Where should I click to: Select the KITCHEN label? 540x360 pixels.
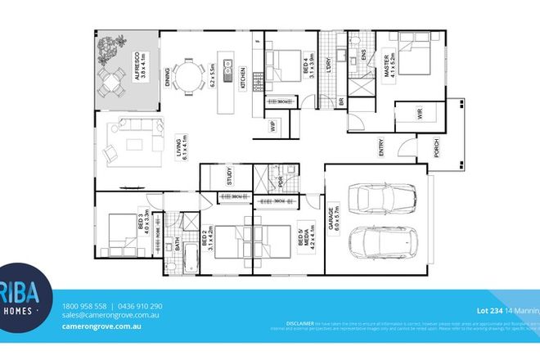click(243, 78)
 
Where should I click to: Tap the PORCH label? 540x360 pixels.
click(436, 148)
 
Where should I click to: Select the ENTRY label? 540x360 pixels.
click(381, 148)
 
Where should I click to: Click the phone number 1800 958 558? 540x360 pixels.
click(83, 305)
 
